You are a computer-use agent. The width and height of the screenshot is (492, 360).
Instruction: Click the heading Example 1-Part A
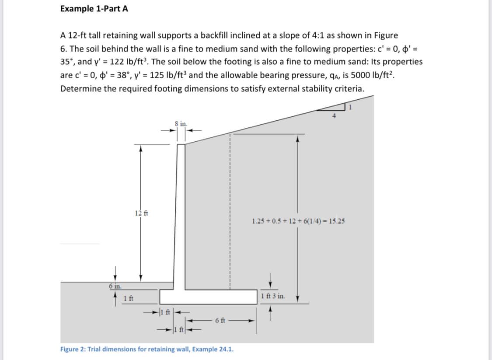tap(94, 9)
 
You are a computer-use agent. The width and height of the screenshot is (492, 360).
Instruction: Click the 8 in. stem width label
tap(180, 124)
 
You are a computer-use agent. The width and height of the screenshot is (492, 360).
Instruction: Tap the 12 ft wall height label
tap(141, 213)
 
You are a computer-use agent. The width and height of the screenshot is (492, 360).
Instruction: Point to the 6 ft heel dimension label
tap(220, 320)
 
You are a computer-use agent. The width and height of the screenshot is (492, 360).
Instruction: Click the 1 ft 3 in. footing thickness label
tap(272, 296)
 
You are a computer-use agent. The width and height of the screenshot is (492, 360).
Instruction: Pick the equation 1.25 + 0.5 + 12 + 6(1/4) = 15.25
tap(298, 221)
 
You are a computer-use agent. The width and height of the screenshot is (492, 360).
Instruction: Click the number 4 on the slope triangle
tap(334, 116)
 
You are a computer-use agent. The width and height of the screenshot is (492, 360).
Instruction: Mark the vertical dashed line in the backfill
tap(228, 210)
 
